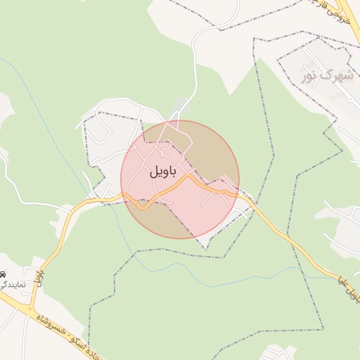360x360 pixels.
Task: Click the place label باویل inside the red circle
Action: click(x=163, y=171)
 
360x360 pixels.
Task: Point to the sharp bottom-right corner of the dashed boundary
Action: click(x=323, y=328)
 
